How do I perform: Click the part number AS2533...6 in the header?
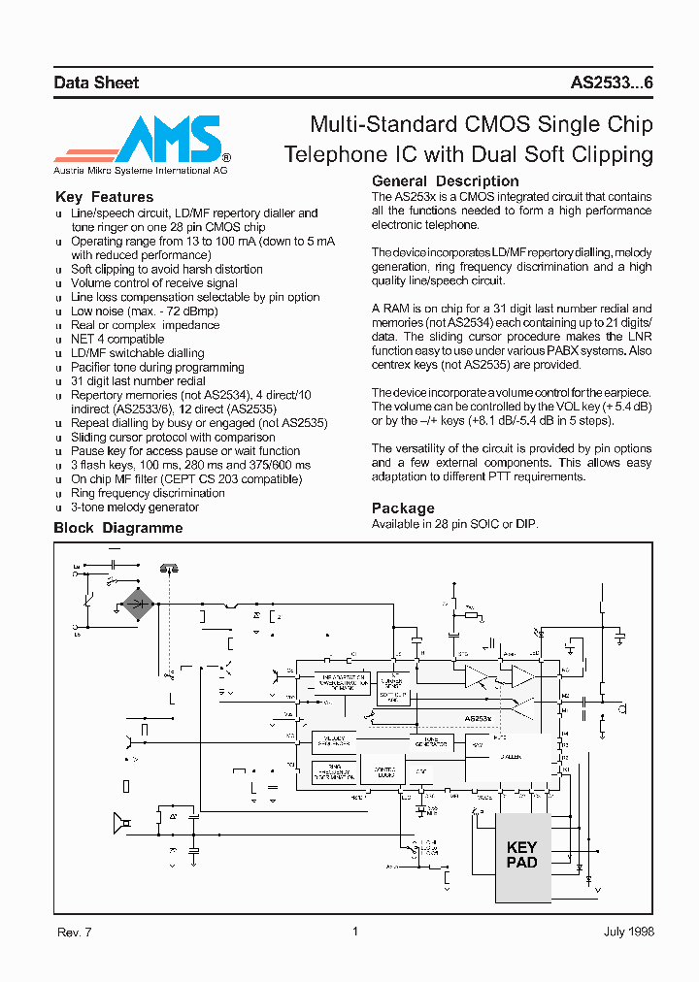(x=612, y=83)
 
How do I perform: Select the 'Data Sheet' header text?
(x=96, y=83)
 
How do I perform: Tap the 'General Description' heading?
(x=445, y=181)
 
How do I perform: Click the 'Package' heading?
(x=403, y=508)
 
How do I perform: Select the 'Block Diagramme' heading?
(x=117, y=529)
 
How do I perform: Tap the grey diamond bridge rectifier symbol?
(x=138, y=604)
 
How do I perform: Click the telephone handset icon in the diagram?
(x=169, y=568)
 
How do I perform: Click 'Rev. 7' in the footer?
(x=74, y=932)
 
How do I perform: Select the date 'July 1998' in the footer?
(x=628, y=932)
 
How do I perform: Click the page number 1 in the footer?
(x=354, y=932)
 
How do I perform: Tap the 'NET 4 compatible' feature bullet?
(x=117, y=340)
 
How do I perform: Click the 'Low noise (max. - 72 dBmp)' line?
(x=145, y=311)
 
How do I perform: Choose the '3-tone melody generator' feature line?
(x=135, y=507)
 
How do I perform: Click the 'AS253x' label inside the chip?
(x=477, y=719)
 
